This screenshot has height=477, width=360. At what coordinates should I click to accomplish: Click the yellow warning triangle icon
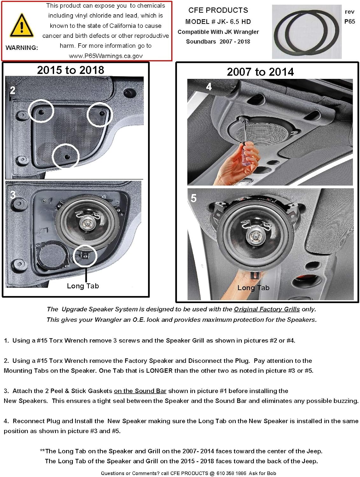(21, 26)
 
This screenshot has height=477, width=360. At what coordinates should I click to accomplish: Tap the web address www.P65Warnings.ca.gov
(106, 56)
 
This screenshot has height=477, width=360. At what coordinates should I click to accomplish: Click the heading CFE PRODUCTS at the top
(218, 10)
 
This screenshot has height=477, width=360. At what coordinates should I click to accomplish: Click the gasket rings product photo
(307, 32)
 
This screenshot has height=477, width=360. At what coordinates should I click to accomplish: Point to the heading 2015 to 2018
(70, 70)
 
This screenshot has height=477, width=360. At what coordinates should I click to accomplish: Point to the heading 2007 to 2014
(260, 72)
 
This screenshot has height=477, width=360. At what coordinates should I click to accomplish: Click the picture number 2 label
(12, 90)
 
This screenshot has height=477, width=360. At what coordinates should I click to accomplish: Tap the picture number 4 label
(209, 86)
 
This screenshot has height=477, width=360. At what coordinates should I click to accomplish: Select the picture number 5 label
(194, 198)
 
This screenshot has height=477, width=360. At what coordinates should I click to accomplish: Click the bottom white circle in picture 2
(65, 156)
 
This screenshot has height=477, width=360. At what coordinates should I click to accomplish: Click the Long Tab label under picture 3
(83, 286)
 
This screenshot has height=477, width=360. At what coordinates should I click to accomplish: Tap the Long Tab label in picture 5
(253, 288)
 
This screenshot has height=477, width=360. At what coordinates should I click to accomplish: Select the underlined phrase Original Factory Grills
(267, 309)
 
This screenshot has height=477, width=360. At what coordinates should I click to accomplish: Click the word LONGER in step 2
(159, 370)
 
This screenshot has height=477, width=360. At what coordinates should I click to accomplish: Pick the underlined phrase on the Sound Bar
(140, 391)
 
